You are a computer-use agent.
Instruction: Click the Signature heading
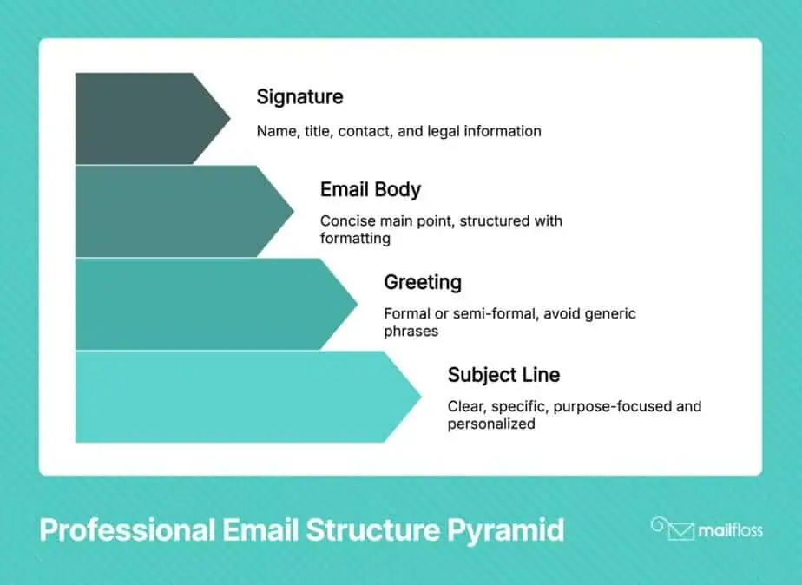tap(299, 97)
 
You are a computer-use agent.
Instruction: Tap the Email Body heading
tap(371, 190)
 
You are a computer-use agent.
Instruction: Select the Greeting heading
tap(423, 282)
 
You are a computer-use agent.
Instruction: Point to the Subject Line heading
tap(503, 375)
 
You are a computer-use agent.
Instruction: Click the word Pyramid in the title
tap(505, 530)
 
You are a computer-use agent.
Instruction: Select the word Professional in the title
tap(128, 529)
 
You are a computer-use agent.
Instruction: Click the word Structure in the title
tap(372, 529)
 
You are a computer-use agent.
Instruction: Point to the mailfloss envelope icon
tap(674, 529)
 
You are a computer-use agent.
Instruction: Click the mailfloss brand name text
tap(731, 530)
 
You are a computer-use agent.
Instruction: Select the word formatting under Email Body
tap(355, 239)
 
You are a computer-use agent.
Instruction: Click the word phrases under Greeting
tap(411, 332)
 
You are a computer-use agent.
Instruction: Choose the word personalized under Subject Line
tap(491, 424)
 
